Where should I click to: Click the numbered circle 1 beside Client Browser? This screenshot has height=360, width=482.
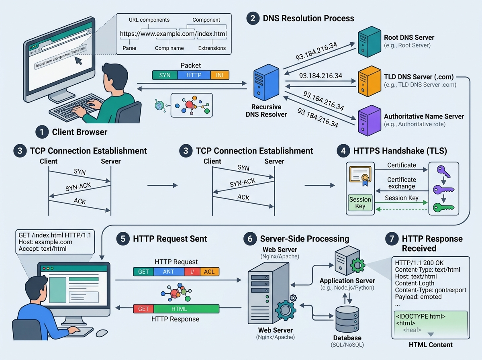click(x=41, y=132)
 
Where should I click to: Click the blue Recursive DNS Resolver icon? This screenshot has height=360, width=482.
click(x=263, y=85)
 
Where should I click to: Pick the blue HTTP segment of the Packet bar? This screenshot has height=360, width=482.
click(x=194, y=75)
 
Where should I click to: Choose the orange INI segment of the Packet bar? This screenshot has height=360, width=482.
click(x=220, y=75)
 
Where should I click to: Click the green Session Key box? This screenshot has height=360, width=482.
click(x=360, y=202)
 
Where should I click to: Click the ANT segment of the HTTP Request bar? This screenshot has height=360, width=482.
click(x=169, y=272)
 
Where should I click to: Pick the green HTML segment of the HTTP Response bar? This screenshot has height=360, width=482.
click(x=187, y=309)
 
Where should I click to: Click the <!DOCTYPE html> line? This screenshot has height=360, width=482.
click(x=421, y=316)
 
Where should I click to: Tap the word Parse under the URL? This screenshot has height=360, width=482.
click(x=129, y=48)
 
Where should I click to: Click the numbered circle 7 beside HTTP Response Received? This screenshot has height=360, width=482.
click(x=392, y=239)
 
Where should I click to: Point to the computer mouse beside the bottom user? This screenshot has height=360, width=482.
click(x=102, y=333)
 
